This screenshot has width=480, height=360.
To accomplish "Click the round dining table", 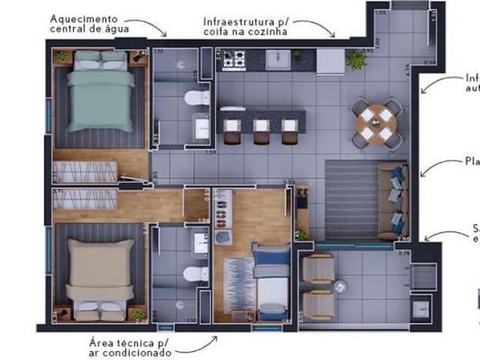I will (x=376, y=121).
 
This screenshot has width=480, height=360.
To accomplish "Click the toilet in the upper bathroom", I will (x=197, y=97).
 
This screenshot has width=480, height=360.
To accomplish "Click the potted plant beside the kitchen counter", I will (x=356, y=60).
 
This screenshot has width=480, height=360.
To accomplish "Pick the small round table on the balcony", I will (x=341, y=285).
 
